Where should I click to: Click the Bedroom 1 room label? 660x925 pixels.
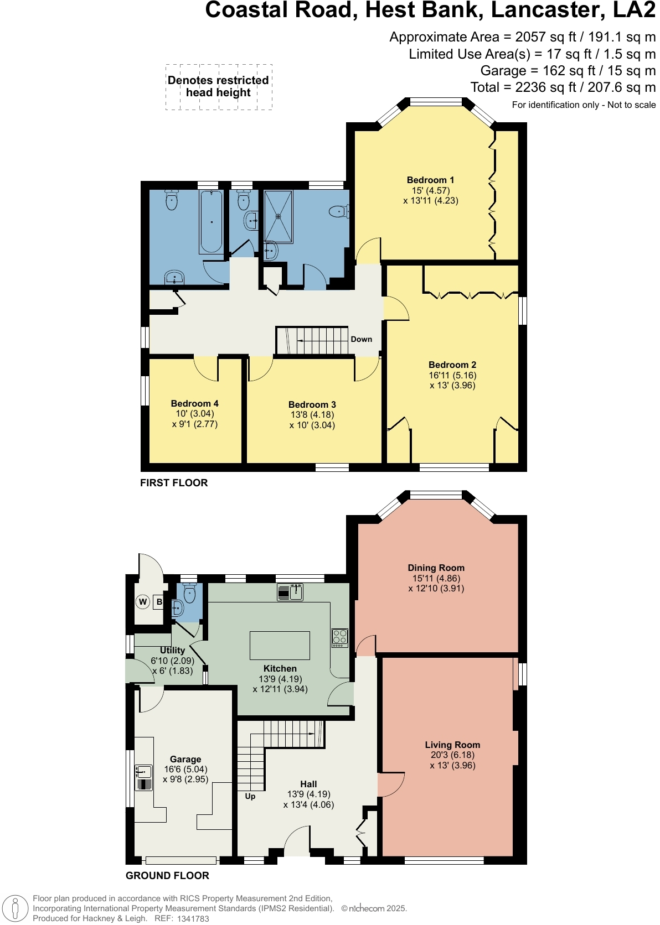(x=430, y=180)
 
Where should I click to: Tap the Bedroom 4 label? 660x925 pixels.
(x=194, y=404)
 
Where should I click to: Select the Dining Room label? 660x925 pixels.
(x=436, y=568)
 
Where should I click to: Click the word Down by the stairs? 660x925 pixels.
(x=361, y=340)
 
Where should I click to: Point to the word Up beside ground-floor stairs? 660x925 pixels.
(x=250, y=797)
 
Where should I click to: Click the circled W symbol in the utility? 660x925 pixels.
(x=143, y=602)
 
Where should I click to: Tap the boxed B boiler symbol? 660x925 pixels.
(x=159, y=602)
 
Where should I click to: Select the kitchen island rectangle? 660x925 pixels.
(x=280, y=645)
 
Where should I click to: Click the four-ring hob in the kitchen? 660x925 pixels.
(x=339, y=638)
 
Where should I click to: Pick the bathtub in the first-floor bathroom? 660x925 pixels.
(x=211, y=222)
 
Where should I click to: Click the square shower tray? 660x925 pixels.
(x=279, y=216)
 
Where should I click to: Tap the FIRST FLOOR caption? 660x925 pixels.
(x=174, y=483)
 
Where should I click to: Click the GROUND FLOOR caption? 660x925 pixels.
(x=167, y=876)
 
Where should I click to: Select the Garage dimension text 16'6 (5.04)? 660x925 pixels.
(x=185, y=770)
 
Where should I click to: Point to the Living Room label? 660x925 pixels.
(x=452, y=745)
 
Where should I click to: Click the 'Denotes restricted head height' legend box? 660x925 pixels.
(x=219, y=87)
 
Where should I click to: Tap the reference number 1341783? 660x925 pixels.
(x=193, y=919)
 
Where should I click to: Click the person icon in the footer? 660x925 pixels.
(x=16, y=908)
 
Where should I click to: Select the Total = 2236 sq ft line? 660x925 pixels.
(x=563, y=87)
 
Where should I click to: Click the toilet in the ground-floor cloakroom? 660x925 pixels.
(x=189, y=594)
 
